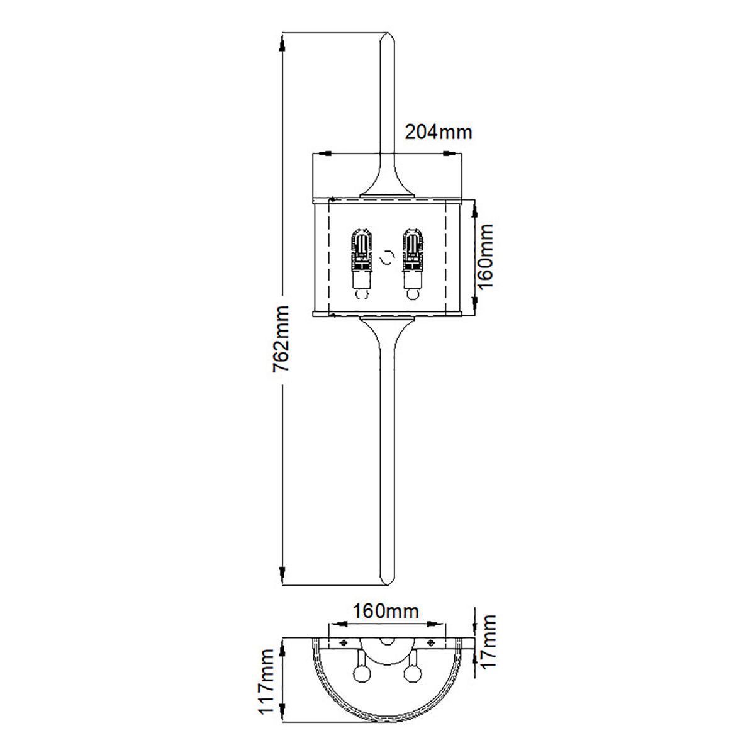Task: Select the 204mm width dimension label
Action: [438, 132]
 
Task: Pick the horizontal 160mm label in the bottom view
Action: [386, 610]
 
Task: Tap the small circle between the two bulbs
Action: [387, 257]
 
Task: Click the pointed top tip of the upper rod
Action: [386, 33]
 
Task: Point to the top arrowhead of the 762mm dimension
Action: [282, 43]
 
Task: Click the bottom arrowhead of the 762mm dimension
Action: [282, 574]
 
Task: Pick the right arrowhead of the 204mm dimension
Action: [450, 153]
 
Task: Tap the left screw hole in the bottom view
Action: [344, 642]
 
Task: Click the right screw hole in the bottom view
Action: [431, 642]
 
